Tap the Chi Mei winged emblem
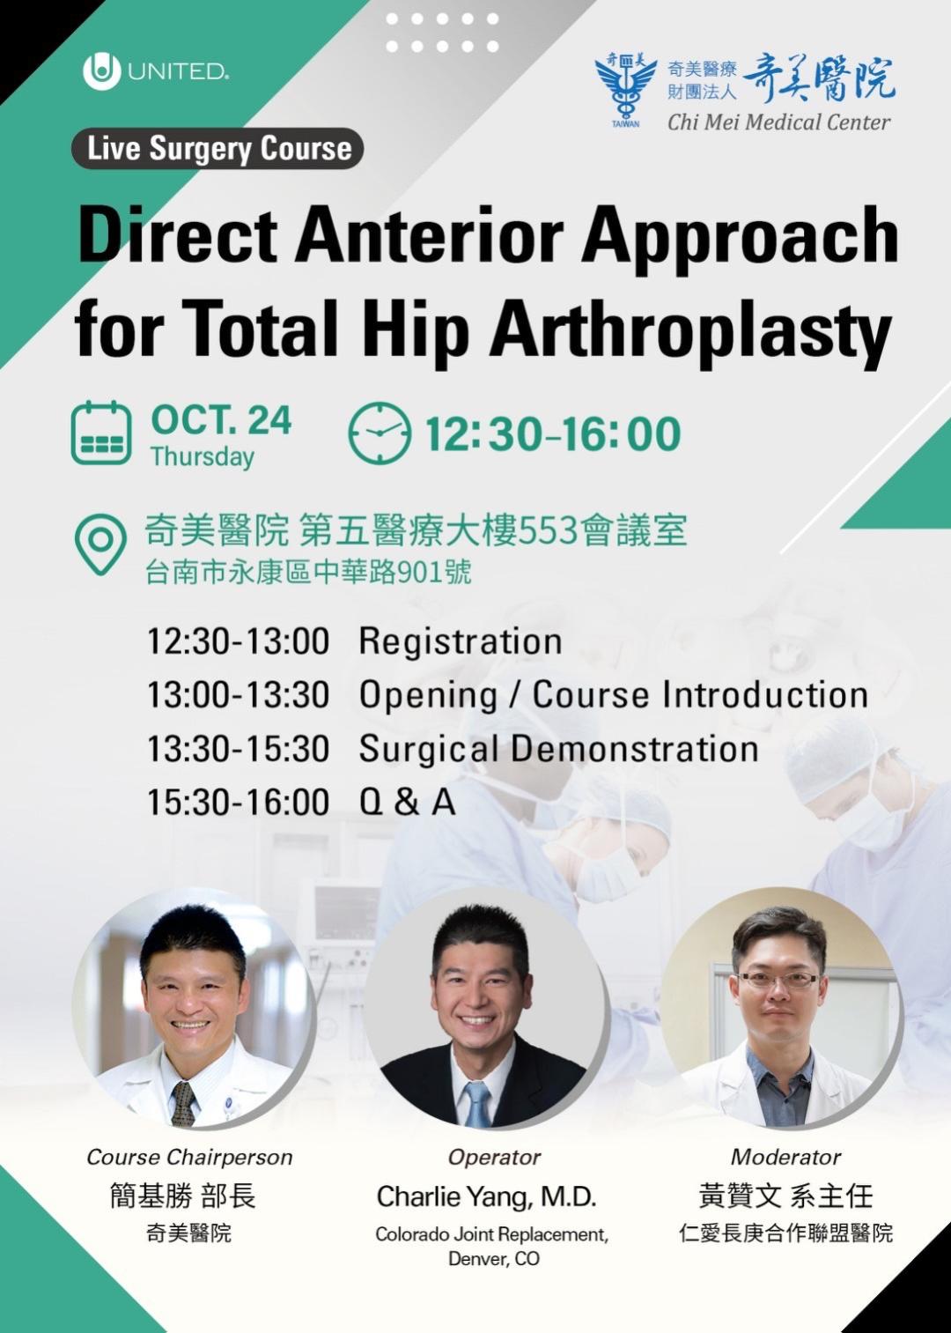pyautogui.click(x=626, y=88)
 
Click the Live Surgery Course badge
pyautogui.click(x=217, y=148)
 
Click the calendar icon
pyautogui.click(x=101, y=433)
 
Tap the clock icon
pyautogui.click(x=380, y=433)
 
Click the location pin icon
pyautogui.click(x=100, y=544)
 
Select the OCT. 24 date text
pyautogui.click(x=221, y=421)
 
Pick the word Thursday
pyautogui.click(x=203, y=456)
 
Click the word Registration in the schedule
pyautogui.click(x=461, y=641)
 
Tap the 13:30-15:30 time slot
pyautogui.click(x=238, y=749)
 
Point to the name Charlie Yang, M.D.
pyautogui.click(x=486, y=1196)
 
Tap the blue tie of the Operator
pyautogui.click(x=477, y=1102)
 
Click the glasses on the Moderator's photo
pyautogui.click(x=778, y=980)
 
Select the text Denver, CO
pyautogui.click(x=494, y=1259)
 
